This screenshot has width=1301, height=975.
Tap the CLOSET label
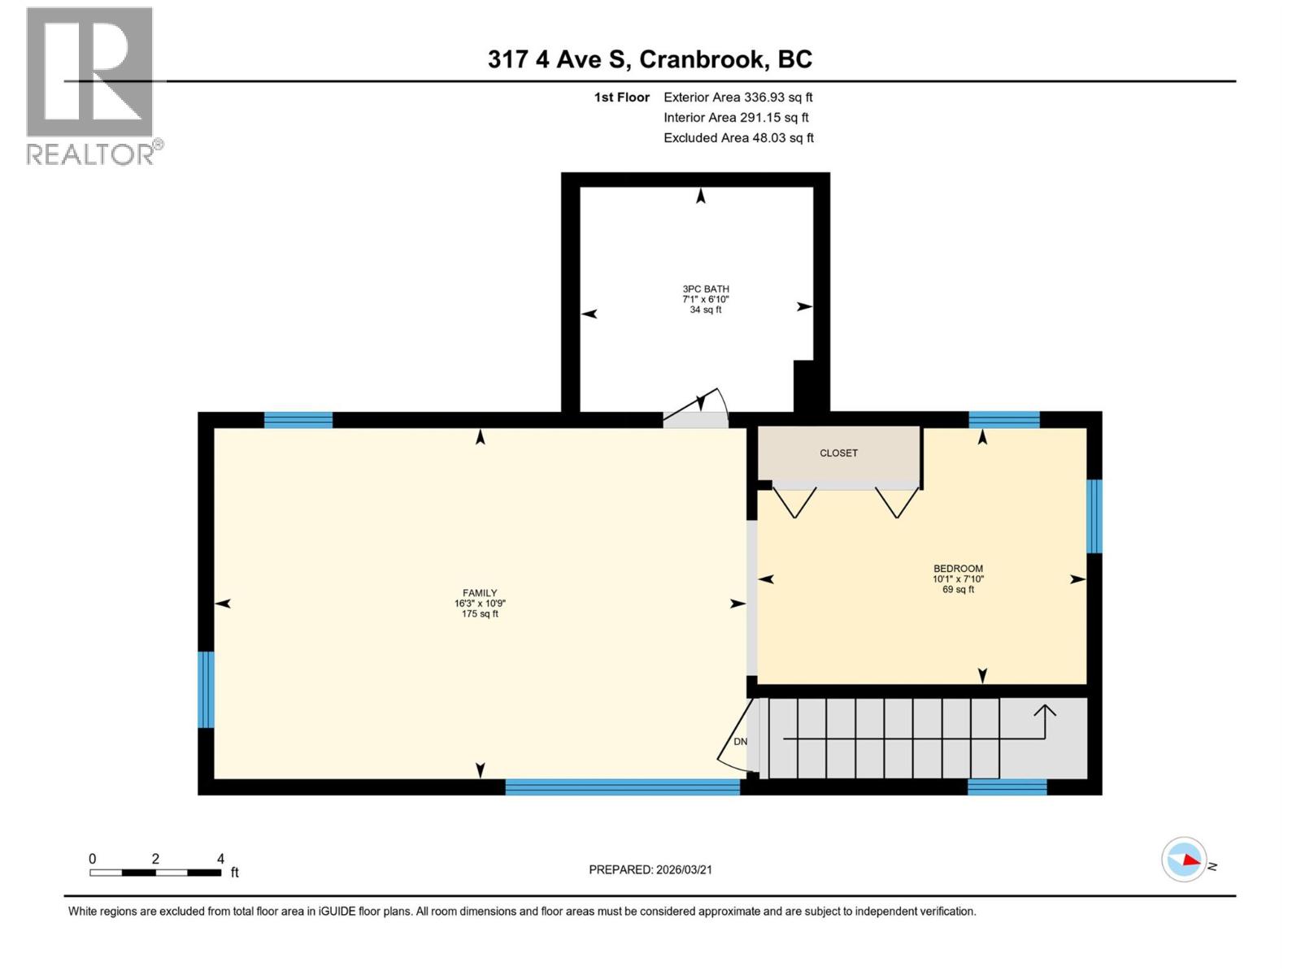click(838, 453)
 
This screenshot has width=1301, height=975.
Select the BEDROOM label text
click(958, 569)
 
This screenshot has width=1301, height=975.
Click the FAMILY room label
click(480, 593)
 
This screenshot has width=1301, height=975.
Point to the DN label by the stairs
click(740, 742)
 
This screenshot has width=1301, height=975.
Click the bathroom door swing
click(699, 410)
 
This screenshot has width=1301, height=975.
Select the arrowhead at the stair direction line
click(1045, 711)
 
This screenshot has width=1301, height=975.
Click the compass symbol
click(1184, 860)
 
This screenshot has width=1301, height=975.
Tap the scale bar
click(154, 873)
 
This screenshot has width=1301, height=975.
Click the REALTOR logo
click(91, 85)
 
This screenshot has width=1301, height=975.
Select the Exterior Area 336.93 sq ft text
click(738, 97)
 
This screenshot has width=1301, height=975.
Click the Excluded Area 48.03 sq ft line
click(738, 138)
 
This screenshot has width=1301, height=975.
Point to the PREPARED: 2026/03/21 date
click(650, 869)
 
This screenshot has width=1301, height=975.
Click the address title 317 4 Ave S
click(650, 59)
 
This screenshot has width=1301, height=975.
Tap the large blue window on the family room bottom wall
click(622, 786)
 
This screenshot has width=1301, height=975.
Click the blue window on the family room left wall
click(207, 689)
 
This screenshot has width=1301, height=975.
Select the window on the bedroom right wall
click(1094, 516)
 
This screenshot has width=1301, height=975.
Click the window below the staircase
click(1006, 786)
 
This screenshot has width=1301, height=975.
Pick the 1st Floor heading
click(621, 97)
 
